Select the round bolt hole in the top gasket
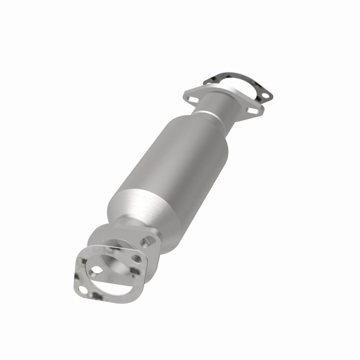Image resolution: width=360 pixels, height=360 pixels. pyautogui.click(x=265, y=95)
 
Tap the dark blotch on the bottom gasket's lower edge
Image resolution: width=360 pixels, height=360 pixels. pyautogui.click(x=97, y=297)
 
